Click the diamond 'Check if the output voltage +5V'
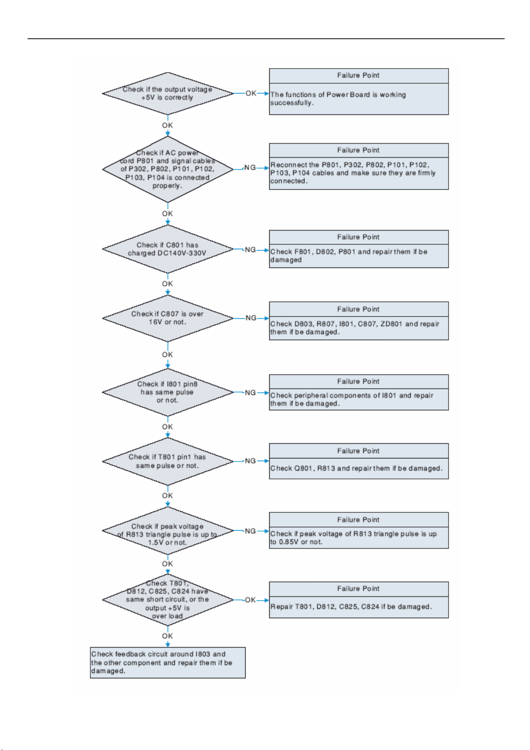tap(167, 93)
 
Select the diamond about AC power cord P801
tap(167, 169)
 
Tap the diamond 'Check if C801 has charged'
tap(167, 249)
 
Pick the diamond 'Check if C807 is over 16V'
tap(167, 318)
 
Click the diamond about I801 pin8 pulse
tap(167, 392)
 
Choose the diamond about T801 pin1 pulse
tap(167, 462)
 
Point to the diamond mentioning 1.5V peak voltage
tap(167, 531)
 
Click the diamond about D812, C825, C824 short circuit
tap(167, 600)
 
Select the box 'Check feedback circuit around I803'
tap(168, 663)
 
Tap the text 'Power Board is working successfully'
tap(338, 99)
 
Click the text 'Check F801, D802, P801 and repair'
tap(348, 256)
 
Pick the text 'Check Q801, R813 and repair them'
tap(356, 468)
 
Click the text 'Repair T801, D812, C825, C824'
tap(351, 607)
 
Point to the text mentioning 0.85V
tap(353, 538)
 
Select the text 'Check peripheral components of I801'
tap(352, 399)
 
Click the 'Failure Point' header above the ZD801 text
tap(358, 309)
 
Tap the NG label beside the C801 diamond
tap(250, 250)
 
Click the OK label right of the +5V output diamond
tap(251, 93)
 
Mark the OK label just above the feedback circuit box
tap(167, 636)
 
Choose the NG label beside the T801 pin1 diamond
tap(250, 461)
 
